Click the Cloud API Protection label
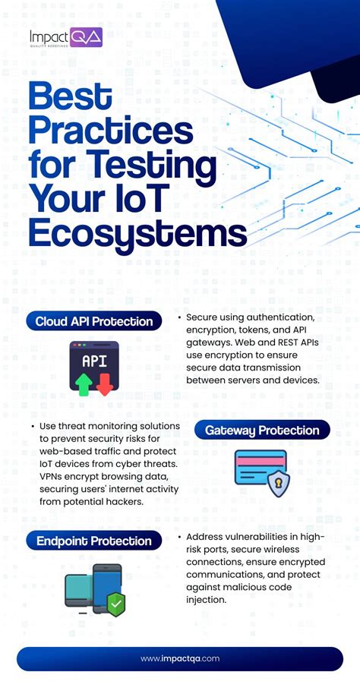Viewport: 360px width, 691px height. tap(94, 321)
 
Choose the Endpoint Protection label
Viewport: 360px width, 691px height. tap(94, 541)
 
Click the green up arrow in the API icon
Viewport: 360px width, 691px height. tap(84, 383)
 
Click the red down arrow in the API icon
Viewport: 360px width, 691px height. tap(104, 383)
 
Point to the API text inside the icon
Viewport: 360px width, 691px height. tap(94, 361)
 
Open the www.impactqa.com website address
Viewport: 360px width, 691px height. tap(180, 659)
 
